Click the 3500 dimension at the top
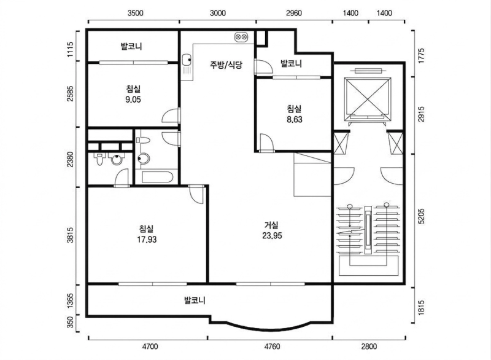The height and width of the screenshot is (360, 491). [135, 13]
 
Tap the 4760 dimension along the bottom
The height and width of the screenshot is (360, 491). [272, 346]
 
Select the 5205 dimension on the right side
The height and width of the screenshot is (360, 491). [422, 216]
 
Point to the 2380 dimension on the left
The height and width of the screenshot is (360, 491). [70, 159]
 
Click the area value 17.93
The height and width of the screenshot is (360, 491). [147, 240]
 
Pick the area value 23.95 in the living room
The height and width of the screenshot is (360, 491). [272, 236]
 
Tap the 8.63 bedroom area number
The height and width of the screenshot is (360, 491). [295, 119]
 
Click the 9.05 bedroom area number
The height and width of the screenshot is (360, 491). [133, 100]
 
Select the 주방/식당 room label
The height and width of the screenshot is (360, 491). [226, 65]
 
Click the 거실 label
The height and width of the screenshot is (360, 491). [271, 225]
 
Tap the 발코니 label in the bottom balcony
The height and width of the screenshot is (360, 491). [195, 300]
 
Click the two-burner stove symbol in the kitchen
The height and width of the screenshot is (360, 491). [241, 37]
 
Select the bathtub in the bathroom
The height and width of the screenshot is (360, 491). [157, 177]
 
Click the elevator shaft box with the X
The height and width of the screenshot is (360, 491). [368, 99]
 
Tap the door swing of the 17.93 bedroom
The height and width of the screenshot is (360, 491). [197, 194]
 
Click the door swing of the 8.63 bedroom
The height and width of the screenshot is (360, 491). [267, 143]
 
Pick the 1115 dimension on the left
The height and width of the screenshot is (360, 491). [70, 49]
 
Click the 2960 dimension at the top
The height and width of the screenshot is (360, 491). [294, 13]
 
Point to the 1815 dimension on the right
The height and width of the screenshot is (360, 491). [422, 307]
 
